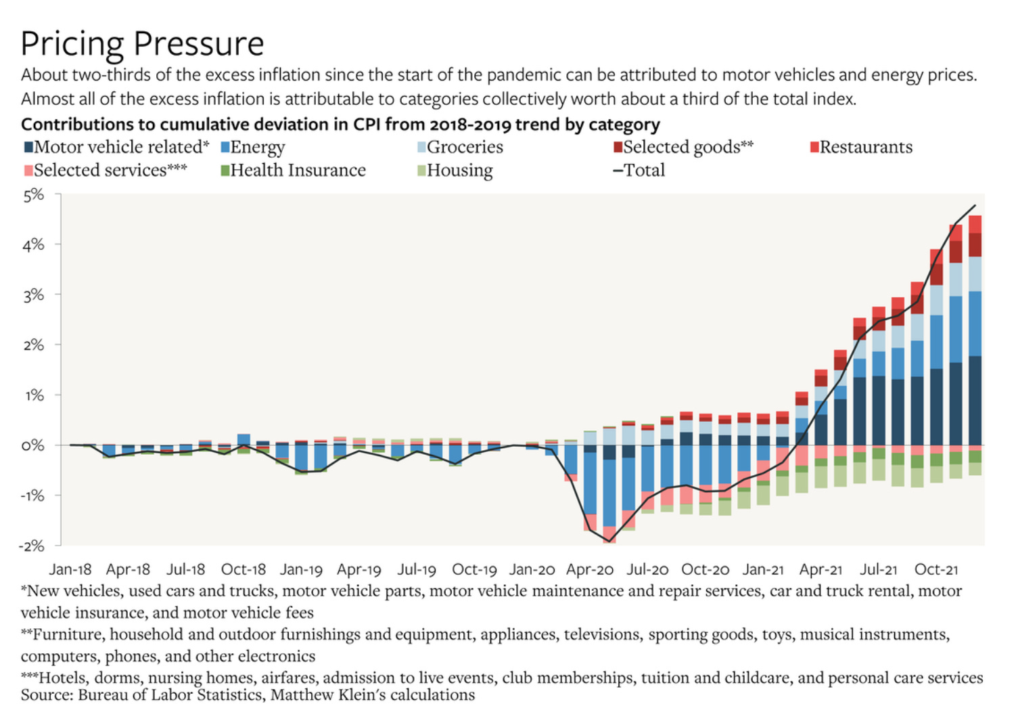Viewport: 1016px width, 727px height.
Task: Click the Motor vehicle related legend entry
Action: tap(116, 147)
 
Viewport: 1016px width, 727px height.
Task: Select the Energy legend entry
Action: tap(253, 147)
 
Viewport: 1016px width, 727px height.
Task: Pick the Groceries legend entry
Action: tap(460, 147)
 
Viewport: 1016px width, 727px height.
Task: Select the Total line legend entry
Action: tap(639, 170)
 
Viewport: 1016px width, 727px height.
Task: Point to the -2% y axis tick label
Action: tap(31, 546)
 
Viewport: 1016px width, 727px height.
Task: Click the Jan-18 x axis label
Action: tap(70, 569)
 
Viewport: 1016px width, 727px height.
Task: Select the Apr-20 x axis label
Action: tap(590, 569)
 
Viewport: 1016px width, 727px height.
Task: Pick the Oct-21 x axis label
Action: tap(936, 569)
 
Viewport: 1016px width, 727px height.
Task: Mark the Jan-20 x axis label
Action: tap(532, 569)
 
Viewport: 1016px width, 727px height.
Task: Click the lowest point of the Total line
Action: tap(609, 542)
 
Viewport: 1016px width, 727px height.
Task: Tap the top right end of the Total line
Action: tap(975, 205)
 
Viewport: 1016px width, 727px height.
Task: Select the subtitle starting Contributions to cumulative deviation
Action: tap(340, 124)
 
